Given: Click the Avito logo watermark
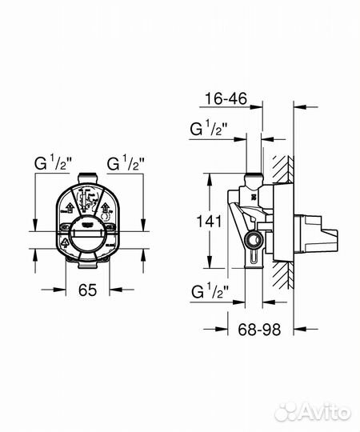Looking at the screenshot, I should (313, 412).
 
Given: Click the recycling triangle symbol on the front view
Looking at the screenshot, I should (64, 240).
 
